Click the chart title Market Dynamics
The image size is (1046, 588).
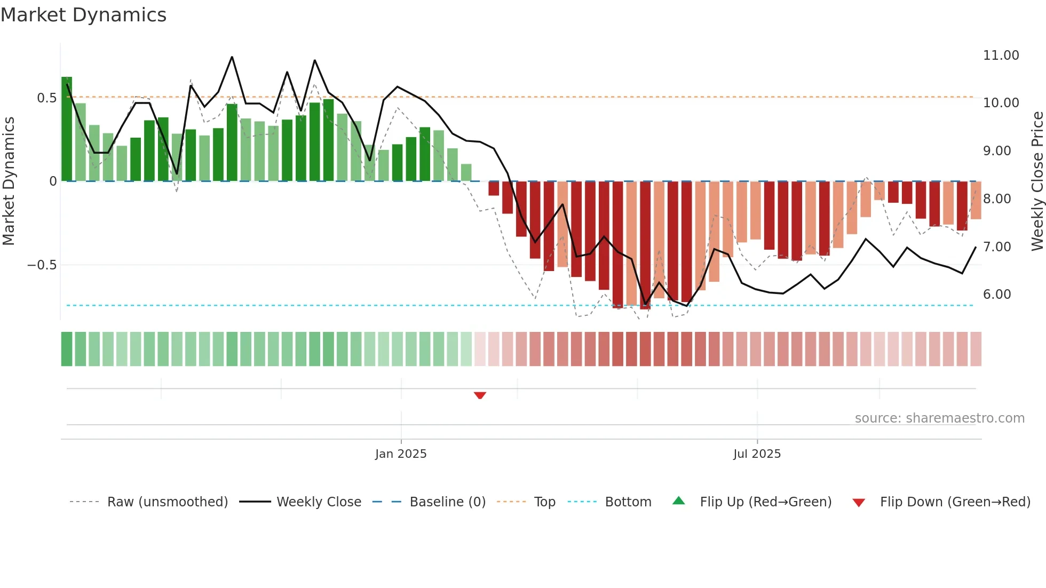83,15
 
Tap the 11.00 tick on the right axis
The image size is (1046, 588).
1001,55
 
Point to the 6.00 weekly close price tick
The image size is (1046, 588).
996,295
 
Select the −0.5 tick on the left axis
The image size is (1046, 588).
42,265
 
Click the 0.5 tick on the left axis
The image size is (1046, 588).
46,98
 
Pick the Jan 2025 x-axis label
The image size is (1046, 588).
401,454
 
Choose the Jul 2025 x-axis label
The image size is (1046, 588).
757,454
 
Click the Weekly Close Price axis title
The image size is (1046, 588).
1037,181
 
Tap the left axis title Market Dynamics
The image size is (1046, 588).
9,181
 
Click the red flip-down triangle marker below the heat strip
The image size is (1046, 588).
480,395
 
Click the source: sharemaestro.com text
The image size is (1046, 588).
939,418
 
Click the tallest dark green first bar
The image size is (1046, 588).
67,129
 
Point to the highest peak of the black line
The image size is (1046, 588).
232,57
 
